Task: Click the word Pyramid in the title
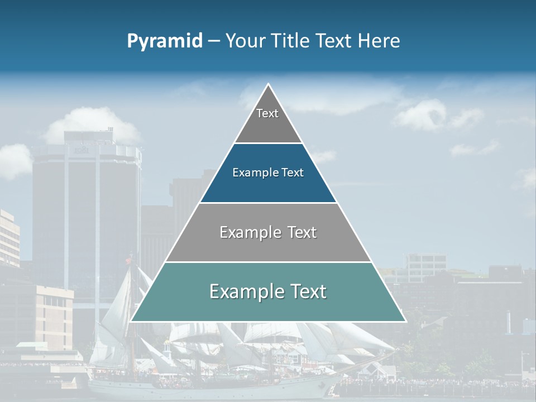pyautogui.click(x=165, y=41)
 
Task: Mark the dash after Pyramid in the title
pyautogui.click(x=214, y=42)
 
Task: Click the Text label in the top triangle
pyautogui.click(x=267, y=113)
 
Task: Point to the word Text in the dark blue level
pyautogui.click(x=293, y=173)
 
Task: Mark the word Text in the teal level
pyautogui.click(x=308, y=291)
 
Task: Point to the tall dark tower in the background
pyautogui.click(x=87, y=207)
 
